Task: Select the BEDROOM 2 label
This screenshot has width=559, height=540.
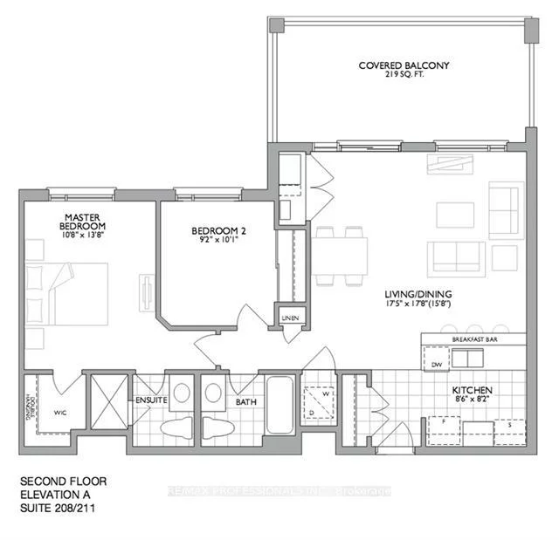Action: (x=214, y=231)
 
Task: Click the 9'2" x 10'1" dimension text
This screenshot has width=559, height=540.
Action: (x=214, y=242)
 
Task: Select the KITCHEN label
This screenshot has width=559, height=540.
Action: (x=473, y=389)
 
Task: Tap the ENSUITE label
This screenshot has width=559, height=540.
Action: (x=146, y=401)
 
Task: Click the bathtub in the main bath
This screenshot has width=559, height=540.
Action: (x=280, y=407)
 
